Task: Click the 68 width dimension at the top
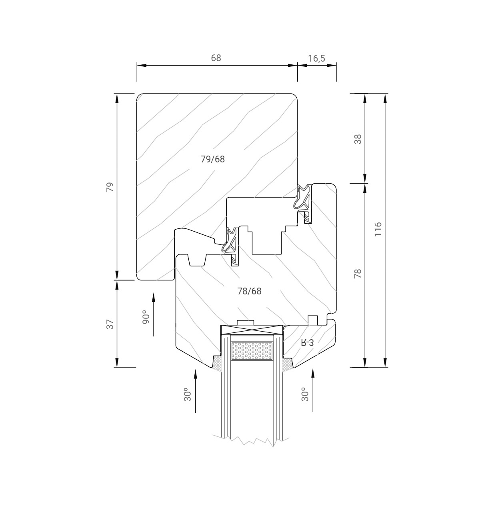(x=216, y=58)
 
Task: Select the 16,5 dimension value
(x=316, y=58)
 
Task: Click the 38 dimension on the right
(x=358, y=139)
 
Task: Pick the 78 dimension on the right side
(x=358, y=274)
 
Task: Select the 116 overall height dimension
(x=378, y=229)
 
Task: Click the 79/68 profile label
(x=212, y=159)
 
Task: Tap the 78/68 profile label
(x=249, y=291)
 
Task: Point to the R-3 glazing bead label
(x=307, y=342)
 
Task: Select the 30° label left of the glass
(x=188, y=394)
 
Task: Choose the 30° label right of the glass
(x=305, y=394)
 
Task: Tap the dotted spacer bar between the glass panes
(x=252, y=351)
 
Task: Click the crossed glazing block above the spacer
(x=252, y=330)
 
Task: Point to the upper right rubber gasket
(x=303, y=198)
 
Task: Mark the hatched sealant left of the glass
(x=217, y=363)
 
